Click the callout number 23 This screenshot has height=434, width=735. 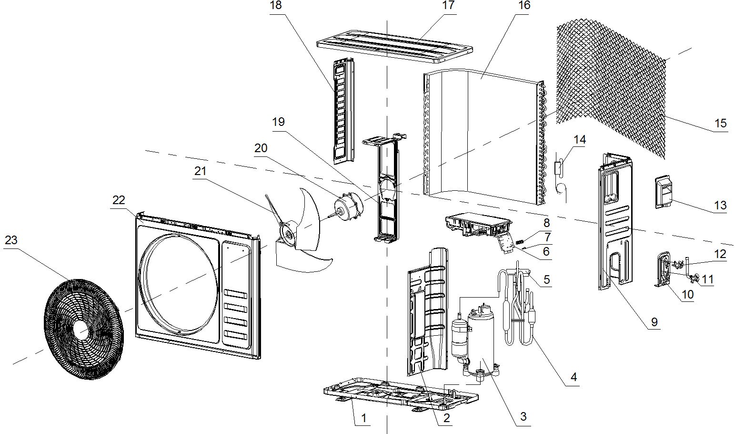click(x=11, y=240)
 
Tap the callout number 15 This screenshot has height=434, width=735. click(x=721, y=123)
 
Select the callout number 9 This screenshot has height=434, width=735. click(x=654, y=321)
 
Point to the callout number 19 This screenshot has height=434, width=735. click(x=278, y=122)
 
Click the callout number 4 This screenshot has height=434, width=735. click(x=574, y=376)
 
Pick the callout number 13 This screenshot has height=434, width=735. click(x=720, y=205)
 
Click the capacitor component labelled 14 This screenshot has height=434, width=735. click(x=559, y=167)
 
